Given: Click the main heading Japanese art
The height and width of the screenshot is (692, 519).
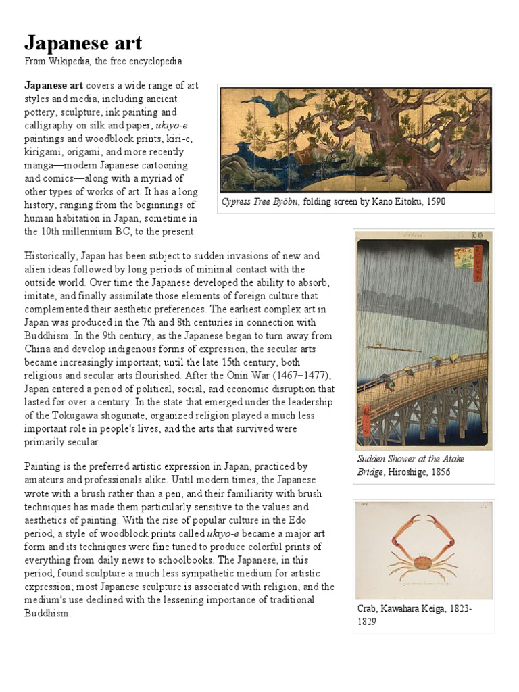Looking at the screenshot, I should pyautogui.click(x=83, y=43).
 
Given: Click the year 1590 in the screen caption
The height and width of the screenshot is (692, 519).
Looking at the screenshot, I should pyautogui.click(x=433, y=202).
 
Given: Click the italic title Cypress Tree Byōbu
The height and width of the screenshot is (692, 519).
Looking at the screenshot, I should pyautogui.click(x=261, y=202).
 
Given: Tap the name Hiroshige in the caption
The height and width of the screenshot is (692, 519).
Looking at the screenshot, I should pyautogui.click(x=405, y=472).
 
